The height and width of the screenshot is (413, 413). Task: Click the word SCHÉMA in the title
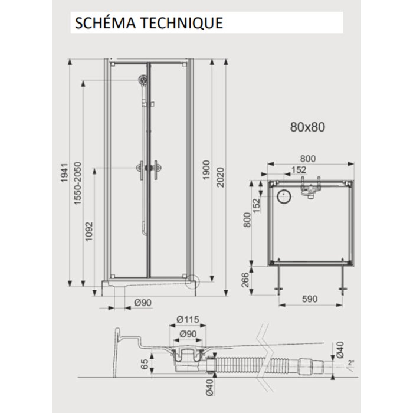point(105,22)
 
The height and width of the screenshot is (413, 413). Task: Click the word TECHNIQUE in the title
point(182,22)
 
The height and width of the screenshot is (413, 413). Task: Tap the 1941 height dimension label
point(64,173)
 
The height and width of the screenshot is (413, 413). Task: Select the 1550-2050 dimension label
point(78,183)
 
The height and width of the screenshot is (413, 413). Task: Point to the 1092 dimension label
point(89,231)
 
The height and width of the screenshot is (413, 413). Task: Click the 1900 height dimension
point(206,170)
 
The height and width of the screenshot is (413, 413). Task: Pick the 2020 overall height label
point(220,178)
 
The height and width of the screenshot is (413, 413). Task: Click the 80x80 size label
point(307,127)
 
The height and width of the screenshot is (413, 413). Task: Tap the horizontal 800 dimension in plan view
point(308,159)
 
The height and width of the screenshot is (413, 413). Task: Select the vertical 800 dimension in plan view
point(247,219)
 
